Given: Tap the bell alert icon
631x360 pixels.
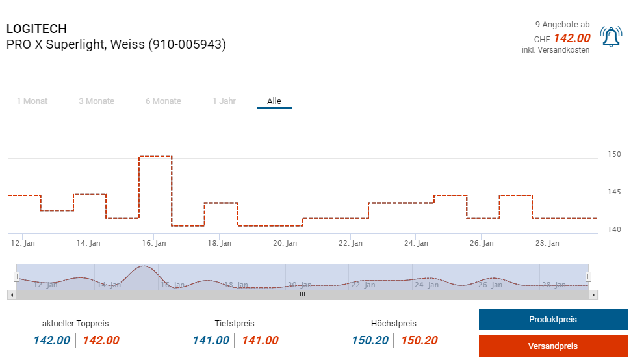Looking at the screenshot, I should click(611, 37).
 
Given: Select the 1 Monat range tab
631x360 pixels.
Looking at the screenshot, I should click(32, 101).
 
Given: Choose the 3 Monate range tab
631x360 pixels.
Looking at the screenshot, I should click(96, 101).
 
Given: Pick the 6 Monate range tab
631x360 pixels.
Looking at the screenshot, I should click(163, 101).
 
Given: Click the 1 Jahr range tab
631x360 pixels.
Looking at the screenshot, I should click(224, 101).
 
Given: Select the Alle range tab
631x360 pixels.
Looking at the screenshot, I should click(274, 101).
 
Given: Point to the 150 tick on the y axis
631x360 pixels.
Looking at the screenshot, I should click(614, 155).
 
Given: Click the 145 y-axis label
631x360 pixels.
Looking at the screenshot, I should click(614, 192).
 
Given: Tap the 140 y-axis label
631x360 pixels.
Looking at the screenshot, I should click(614, 229).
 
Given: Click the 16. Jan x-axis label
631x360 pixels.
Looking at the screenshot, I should click(153, 243).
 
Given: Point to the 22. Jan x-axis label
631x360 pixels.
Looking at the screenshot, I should click(350, 243).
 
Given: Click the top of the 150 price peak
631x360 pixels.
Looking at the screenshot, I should click(155, 157).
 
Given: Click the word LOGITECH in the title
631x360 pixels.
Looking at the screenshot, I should click(36, 29).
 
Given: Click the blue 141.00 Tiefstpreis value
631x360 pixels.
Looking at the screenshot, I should click(211, 341).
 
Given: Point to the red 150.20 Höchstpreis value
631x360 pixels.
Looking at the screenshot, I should click(419, 341).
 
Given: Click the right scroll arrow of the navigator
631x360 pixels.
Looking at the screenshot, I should click(593, 294).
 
